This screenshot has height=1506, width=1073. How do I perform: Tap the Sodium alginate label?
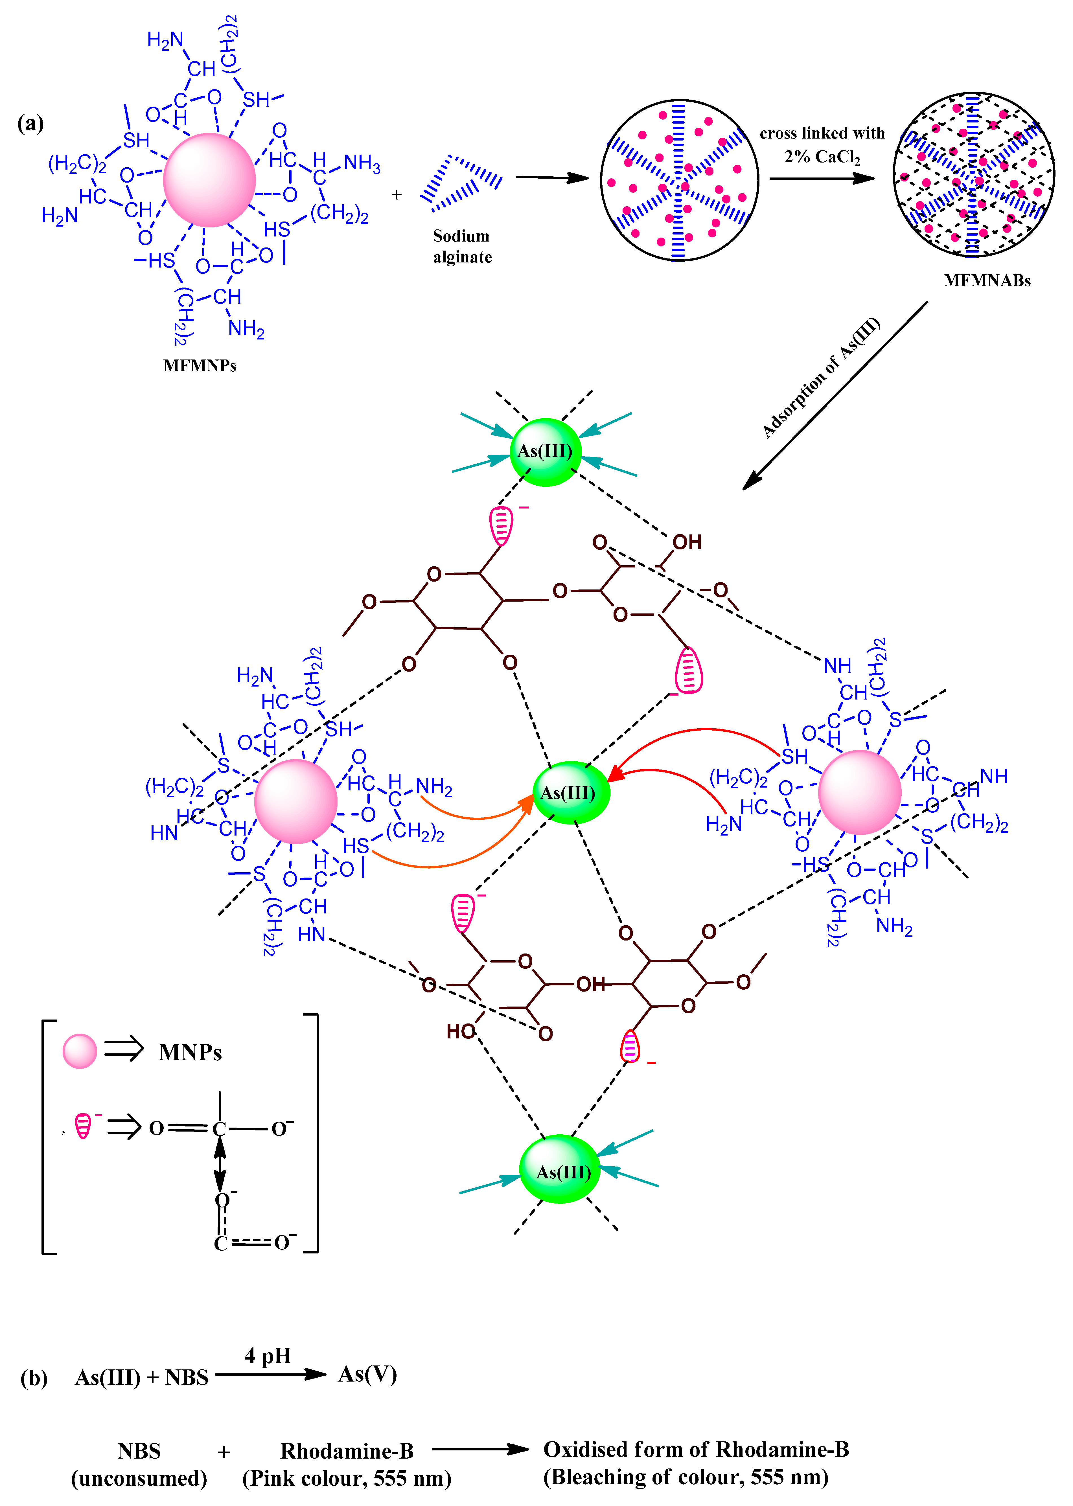click(x=462, y=246)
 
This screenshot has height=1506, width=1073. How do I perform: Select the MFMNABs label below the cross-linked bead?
click(x=987, y=281)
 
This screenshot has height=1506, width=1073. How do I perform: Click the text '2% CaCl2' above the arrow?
click(x=822, y=157)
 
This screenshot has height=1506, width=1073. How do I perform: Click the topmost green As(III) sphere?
click(x=545, y=452)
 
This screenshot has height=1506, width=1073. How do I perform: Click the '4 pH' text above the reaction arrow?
click(x=268, y=1356)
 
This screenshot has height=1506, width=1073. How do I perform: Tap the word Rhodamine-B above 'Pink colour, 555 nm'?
click(x=347, y=1451)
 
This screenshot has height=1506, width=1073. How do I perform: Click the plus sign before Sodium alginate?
click(x=397, y=195)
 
